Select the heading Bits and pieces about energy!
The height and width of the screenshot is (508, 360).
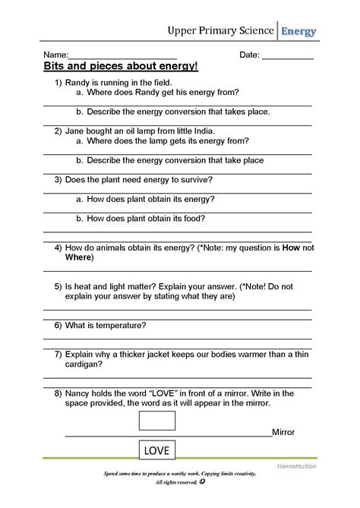pos(121,67)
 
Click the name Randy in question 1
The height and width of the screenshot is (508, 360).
pos(79,81)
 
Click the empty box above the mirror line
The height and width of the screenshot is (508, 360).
pos(156,420)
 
